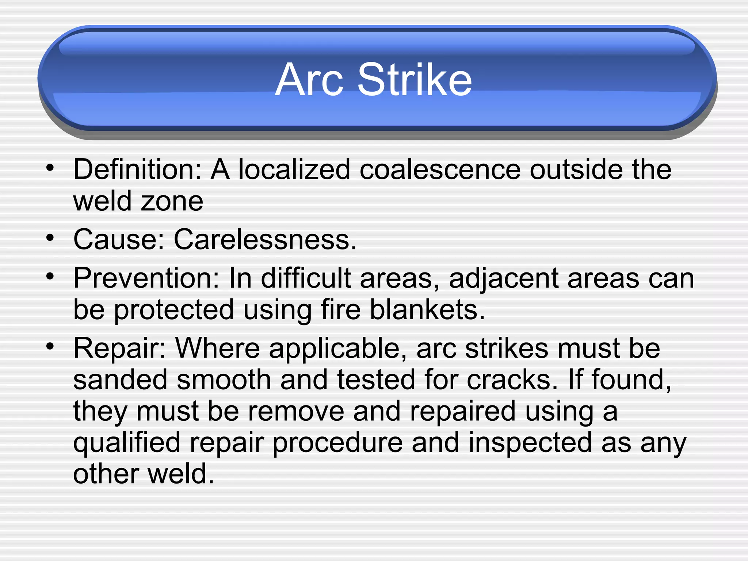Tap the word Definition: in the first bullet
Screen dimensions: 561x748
pos(137,169)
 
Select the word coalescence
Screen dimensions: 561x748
pos(440,169)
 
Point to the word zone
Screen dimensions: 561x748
pos(172,201)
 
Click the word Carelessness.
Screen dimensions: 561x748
pos(265,240)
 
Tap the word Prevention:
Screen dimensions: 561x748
pos(146,278)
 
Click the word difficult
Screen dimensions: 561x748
pos(306,278)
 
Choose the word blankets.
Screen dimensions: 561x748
pos(427,310)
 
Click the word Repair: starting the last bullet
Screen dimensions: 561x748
pos(120,348)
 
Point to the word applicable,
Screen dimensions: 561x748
pos(338,349)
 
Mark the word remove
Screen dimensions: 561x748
pos(296,411)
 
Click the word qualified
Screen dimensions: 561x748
pos(127,443)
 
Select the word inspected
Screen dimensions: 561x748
pos(530,443)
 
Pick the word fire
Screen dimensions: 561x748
pos(341,310)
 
